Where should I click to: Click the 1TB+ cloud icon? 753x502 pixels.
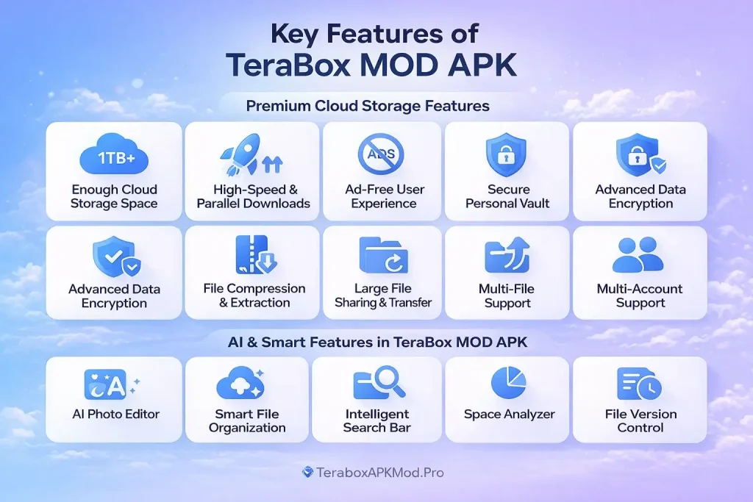113,157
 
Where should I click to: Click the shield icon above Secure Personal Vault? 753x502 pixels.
507,157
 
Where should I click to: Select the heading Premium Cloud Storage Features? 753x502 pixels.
368,106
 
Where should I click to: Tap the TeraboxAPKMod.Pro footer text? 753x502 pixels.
379,473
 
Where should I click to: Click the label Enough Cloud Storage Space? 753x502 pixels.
114,196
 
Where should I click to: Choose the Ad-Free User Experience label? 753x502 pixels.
383,196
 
